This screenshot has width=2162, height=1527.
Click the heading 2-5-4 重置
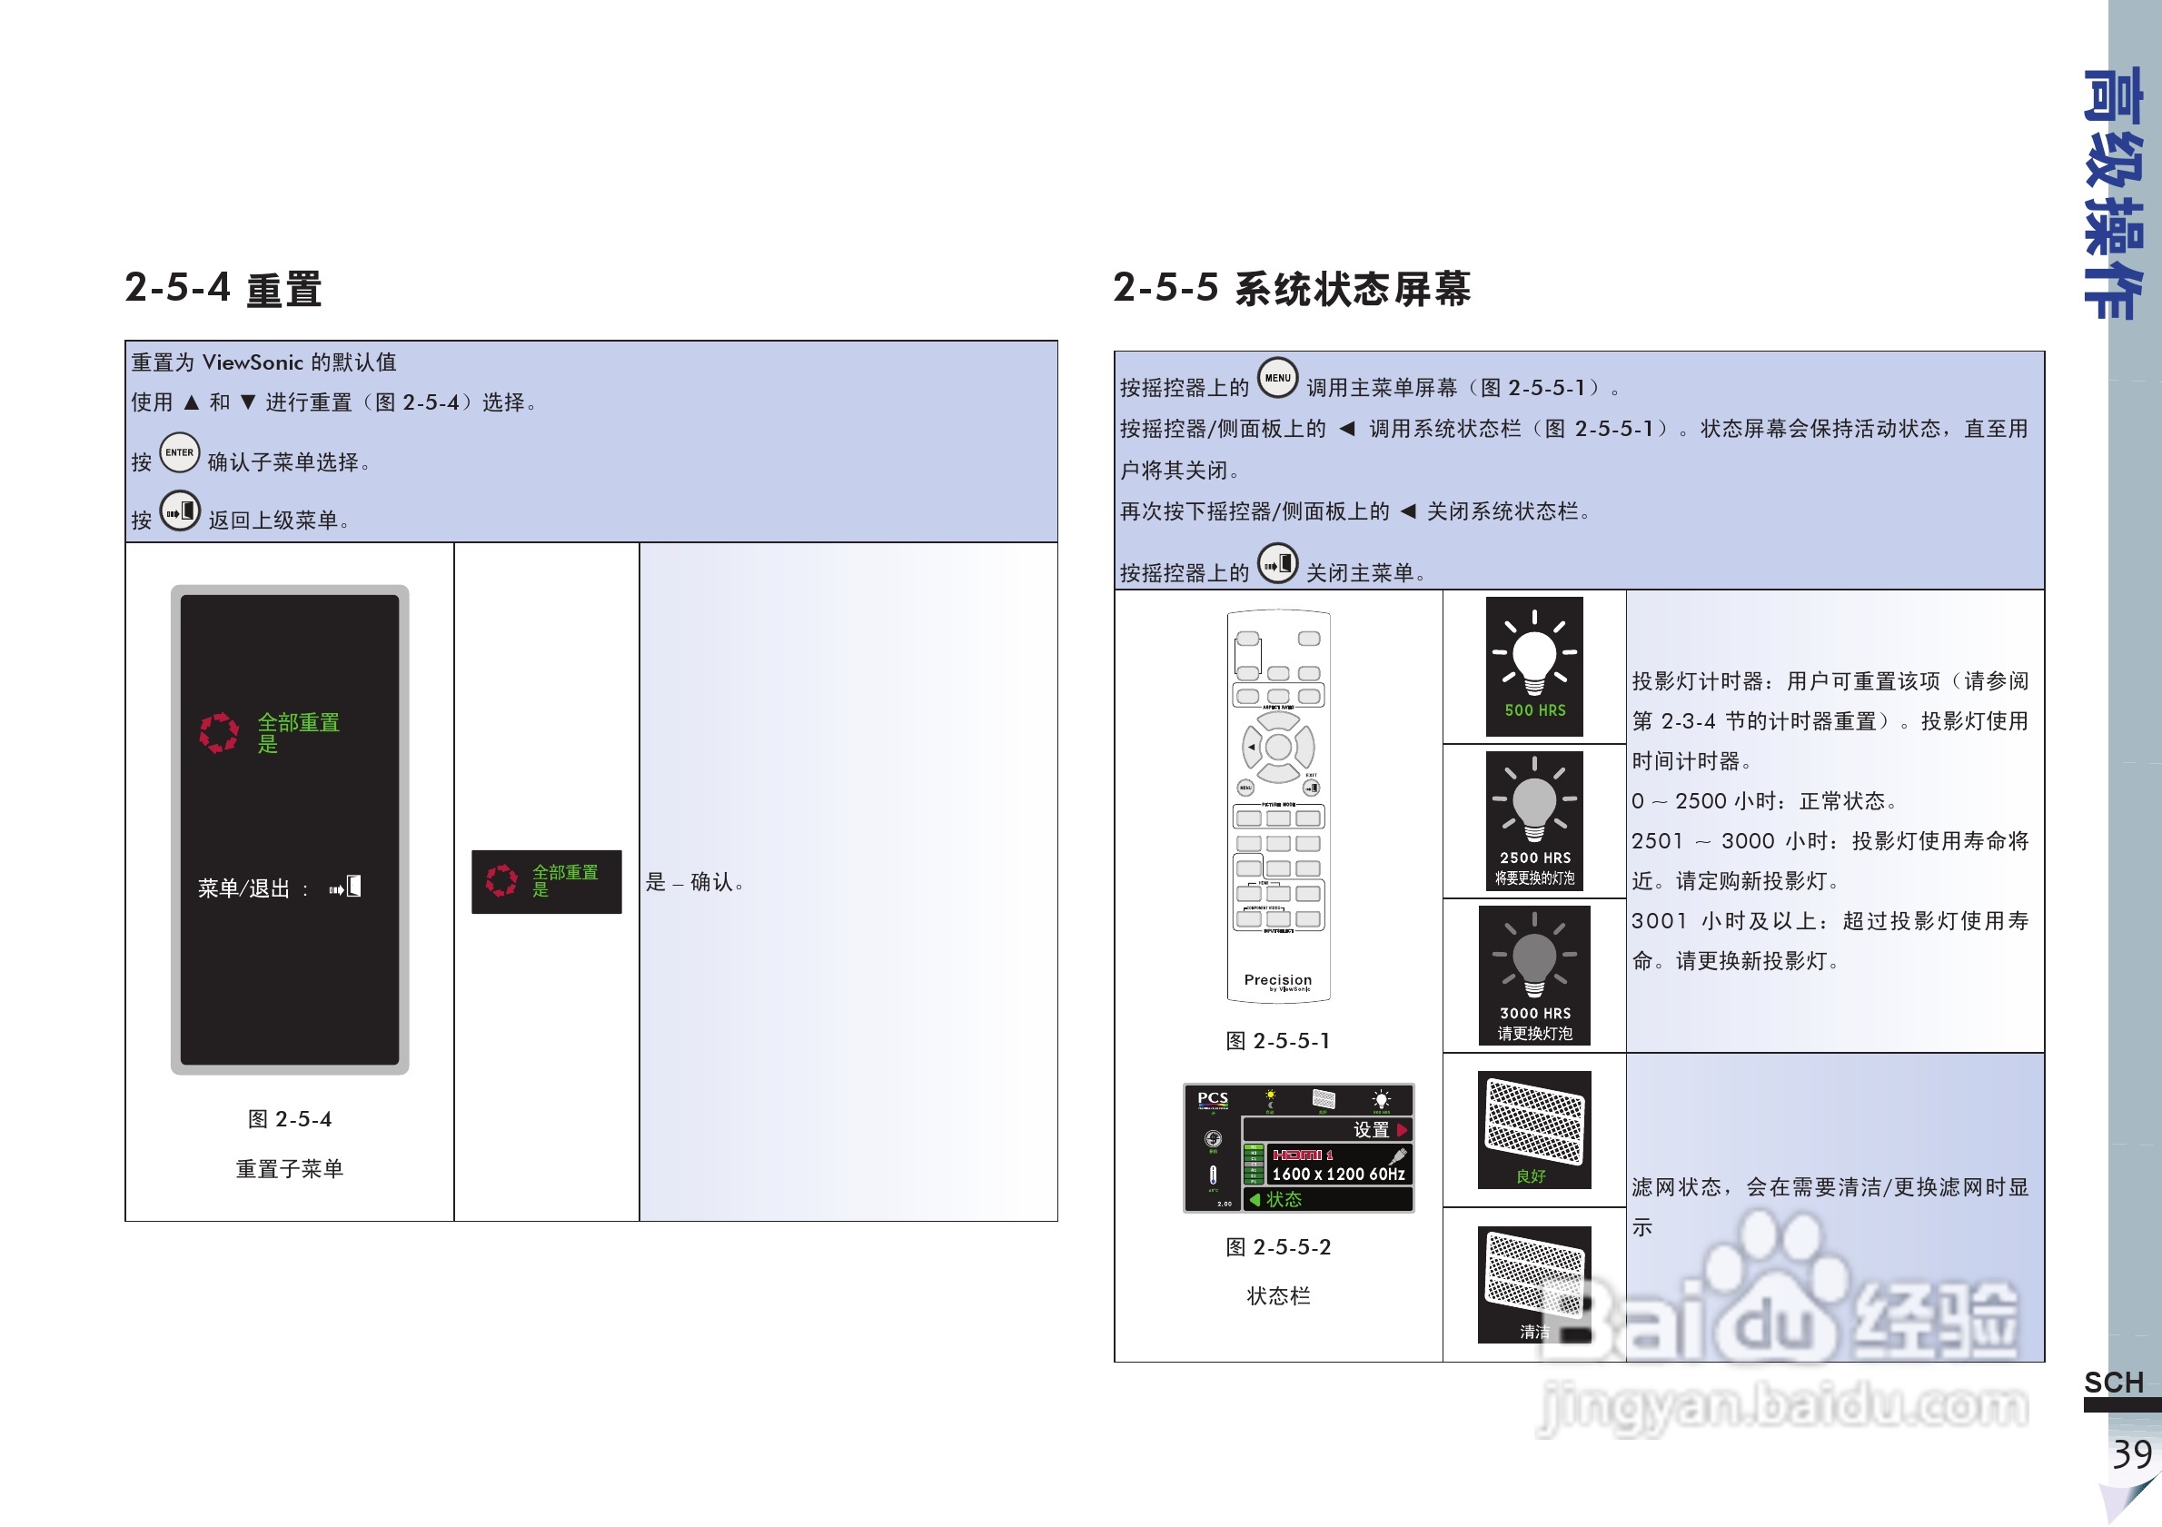tap(223, 288)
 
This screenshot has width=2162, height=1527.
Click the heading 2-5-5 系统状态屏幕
tap(1291, 288)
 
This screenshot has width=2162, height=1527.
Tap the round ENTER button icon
tap(179, 452)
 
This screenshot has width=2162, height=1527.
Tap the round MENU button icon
tap(1277, 379)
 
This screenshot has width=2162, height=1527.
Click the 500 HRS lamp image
tap(1534, 667)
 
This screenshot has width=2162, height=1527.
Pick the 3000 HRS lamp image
tap(1534, 976)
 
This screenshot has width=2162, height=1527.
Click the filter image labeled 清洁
tap(1534, 1284)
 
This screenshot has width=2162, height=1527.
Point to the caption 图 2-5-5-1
tap(1278, 1041)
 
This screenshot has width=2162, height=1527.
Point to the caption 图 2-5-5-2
tap(1278, 1247)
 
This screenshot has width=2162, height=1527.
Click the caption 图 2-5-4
tap(289, 1119)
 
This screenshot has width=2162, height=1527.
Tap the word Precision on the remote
tap(1277, 980)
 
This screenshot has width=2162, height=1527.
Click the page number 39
tap(2131, 1454)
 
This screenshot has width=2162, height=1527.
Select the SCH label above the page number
tap(2113, 1382)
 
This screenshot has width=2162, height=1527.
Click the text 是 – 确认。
tap(695, 882)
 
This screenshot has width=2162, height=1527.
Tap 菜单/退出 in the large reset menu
tap(243, 888)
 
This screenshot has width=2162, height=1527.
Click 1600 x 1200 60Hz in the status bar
tap(1337, 1174)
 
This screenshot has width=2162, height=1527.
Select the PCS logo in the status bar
tap(1212, 1098)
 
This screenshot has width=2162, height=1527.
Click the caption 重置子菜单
tap(289, 1169)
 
